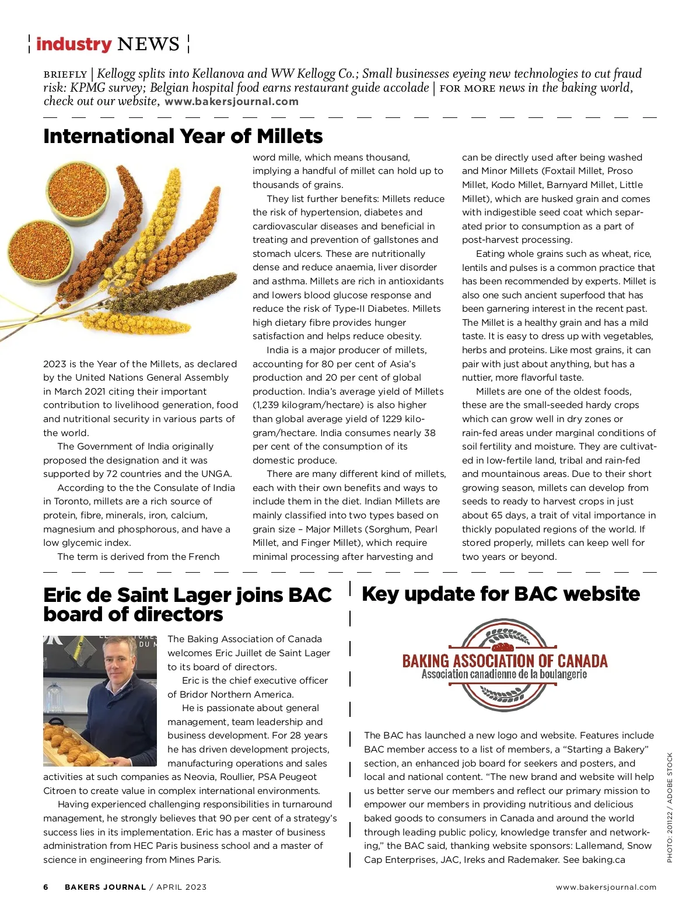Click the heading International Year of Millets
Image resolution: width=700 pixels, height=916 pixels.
coord(183,136)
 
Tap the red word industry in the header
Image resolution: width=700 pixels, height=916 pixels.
coord(73,44)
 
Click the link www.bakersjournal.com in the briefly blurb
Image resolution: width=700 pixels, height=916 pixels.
coord(232,101)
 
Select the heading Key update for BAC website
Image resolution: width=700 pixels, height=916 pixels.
coord(501,594)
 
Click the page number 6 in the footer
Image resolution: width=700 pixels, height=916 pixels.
coord(46,887)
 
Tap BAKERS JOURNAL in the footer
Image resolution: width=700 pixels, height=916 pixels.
coord(105,887)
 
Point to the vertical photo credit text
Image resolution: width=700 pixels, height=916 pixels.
coord(670,807)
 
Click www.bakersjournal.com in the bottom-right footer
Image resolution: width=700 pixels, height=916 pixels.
coord(606,887)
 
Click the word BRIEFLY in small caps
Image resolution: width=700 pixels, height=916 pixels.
coord(65,75)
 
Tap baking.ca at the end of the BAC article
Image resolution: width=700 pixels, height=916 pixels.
coord(603,859)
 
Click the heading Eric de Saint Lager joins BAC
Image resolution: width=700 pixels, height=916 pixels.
coord(187,595)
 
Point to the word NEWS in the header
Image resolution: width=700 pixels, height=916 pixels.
coord(148,44)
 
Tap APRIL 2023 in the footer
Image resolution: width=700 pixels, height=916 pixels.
coord(181,887)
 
